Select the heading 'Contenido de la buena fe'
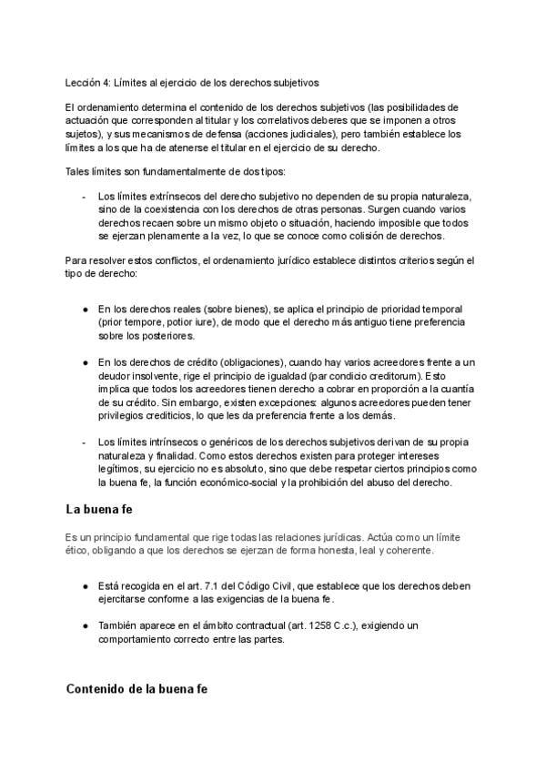click(x=136, y=689)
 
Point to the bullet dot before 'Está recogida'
click(x=85, y=587)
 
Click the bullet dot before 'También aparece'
click(x=85, y=626)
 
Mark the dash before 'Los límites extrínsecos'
click(x=84, y=196)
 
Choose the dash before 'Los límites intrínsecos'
click(x=84, y=442)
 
